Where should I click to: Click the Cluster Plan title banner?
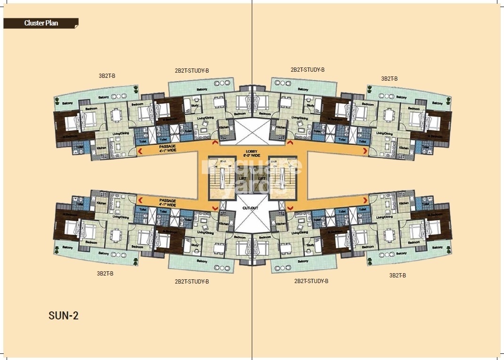(41, 23)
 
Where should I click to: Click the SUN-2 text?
(63, 316)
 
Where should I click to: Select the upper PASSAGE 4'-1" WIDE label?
(167, 149)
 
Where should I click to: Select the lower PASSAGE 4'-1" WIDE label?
(167, 202)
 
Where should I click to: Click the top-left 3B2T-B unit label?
(107, 75)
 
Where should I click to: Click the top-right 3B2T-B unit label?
(389, 79)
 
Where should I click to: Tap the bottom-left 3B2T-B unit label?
(105, 273)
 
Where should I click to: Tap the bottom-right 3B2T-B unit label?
(397, 275)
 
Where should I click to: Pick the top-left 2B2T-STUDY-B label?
(191, 71)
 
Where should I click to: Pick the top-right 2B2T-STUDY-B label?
(307, 69)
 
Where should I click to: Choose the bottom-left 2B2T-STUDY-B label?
(192, 281)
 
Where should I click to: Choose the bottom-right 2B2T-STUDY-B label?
(311, 281)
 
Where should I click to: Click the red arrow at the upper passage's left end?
(140, 151)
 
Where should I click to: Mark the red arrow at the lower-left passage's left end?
(140, 201)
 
